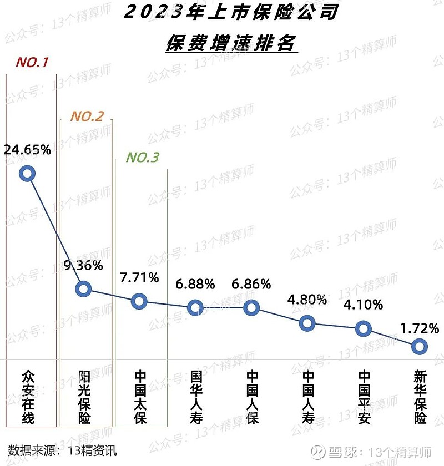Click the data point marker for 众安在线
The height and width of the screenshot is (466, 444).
27,174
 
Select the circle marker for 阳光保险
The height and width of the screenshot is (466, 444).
83,288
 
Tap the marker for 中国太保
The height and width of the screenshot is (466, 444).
139,302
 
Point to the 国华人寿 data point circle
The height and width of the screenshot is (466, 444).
195,307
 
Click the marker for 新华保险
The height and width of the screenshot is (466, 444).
420,347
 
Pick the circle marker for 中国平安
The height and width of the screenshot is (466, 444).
364,328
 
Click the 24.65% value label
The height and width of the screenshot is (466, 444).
27,150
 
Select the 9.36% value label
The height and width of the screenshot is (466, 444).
83,265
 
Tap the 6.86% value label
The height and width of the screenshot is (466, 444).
251,284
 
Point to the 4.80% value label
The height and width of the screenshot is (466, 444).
307,300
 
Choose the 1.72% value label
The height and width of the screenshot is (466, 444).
420,328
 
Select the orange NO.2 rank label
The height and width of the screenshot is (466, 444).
87,116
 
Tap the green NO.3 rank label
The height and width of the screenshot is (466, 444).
142,158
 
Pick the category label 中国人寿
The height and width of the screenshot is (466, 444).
307,397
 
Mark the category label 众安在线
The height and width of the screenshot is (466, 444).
27,397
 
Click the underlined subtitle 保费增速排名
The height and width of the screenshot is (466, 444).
232,43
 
